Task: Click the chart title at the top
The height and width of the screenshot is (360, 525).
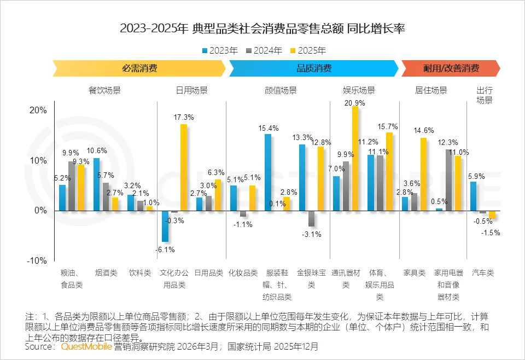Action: click(262, 29)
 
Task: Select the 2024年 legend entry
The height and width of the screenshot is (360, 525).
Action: click(264, 50)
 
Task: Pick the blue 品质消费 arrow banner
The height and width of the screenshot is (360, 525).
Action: click(313, 68)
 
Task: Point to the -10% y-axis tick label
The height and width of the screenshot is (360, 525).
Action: click(38, 260)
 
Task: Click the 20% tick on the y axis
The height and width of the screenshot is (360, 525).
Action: click(38, 110)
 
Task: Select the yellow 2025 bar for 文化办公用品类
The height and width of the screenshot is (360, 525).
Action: click(184, 167)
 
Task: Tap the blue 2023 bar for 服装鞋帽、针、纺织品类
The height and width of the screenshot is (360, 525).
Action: click(268, 172)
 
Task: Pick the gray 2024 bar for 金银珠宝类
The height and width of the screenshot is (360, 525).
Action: click(311, 218)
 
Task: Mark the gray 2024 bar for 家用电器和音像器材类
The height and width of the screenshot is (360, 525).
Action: click(448, 180)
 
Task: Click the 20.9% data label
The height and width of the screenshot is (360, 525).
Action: click(355, 102)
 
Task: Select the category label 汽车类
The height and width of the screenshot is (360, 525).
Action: click(483, 272)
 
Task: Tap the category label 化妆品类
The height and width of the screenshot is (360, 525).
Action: click(243, 272)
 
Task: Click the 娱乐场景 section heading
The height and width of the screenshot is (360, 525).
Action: click(359, 90)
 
